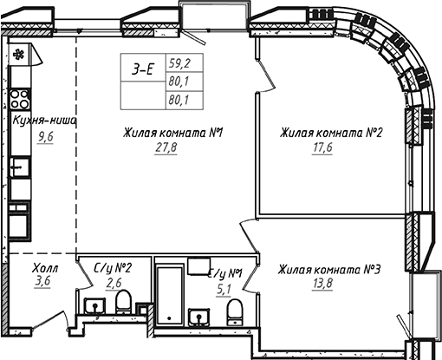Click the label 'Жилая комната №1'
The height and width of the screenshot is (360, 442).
(173, 134)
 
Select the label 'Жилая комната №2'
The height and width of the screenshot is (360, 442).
(331, 134)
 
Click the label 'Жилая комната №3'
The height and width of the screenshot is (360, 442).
(329, 271)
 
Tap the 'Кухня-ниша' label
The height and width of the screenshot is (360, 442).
(42, 121)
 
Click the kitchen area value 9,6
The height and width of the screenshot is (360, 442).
(45, 137)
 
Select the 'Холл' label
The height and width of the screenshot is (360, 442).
(45, 269)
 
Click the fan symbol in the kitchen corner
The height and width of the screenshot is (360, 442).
(19, 52)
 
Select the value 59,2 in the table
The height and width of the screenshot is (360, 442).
(179, 63)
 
